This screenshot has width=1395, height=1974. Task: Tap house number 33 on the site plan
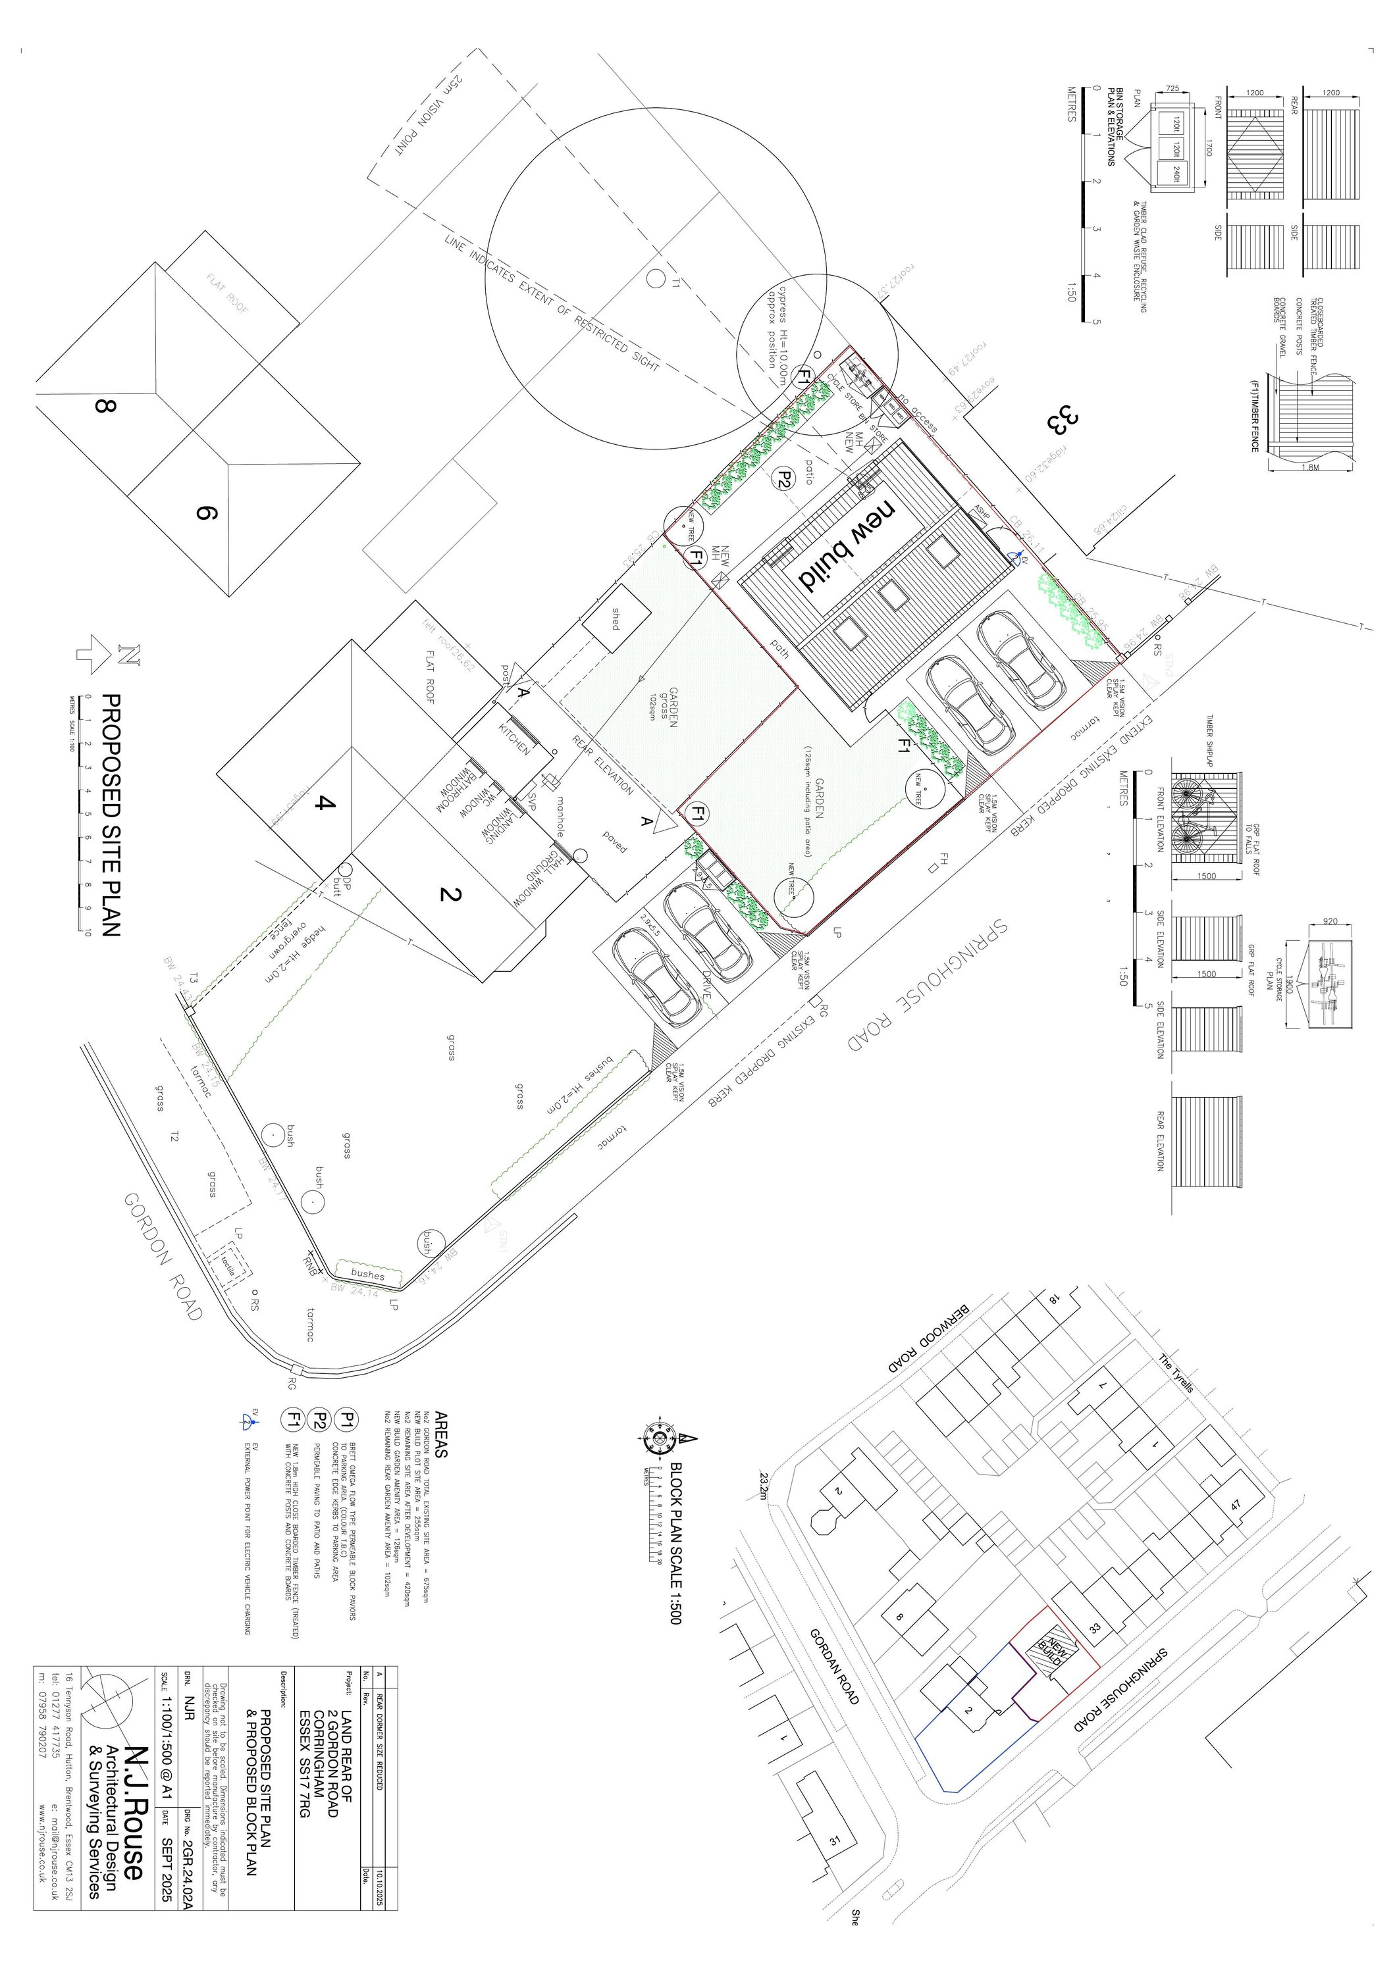tap(1059, 420)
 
